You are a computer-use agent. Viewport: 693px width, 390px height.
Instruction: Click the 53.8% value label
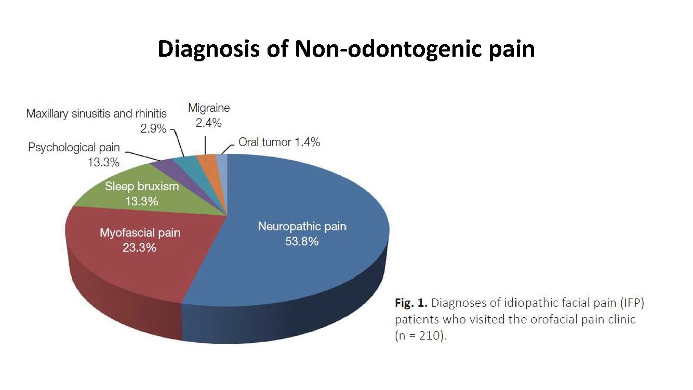(x=302, y=241)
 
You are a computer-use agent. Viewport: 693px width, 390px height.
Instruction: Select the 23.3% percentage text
(x=139, y=248)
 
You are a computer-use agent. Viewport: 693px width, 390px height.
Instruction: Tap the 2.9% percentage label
(x=153, y=128)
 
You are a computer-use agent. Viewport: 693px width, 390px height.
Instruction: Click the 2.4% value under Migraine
(x=208, y=123)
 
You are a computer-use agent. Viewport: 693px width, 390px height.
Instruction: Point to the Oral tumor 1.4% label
(x=279, y=142)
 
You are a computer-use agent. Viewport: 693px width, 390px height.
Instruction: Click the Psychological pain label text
(x=74, y=148)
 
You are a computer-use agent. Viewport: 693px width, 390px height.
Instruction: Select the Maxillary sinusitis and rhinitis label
(x=96, y=114)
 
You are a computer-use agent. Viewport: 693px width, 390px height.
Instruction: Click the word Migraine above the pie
(x=209, y=108)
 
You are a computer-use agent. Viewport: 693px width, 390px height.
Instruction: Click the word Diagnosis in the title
(x=208, y=49)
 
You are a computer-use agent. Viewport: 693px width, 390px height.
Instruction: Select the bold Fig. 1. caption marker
(x=411, y=303)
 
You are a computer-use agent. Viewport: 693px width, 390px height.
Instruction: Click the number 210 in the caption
(x=430, y=335)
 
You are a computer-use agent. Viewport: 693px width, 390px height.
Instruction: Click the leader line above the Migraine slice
(x=205, y=146)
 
